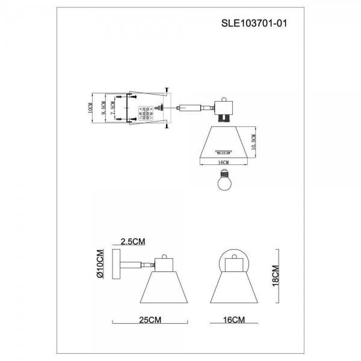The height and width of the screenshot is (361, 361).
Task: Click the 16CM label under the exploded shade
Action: [223, 162]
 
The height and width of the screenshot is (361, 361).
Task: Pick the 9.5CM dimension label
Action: [103, 109]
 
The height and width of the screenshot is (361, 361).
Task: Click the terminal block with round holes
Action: [146, 113]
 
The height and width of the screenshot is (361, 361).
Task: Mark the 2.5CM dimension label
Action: [132, 242]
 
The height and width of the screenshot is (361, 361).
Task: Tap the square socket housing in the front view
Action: [232, 262]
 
